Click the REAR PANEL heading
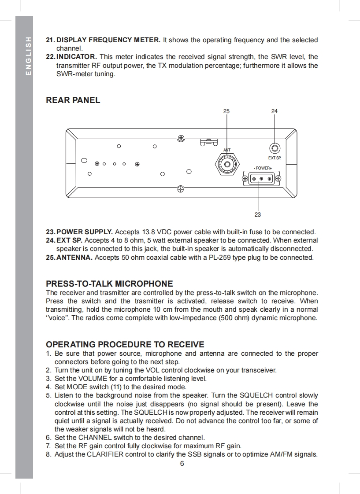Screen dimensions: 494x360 [73, 100]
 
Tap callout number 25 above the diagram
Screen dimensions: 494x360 [226, 111]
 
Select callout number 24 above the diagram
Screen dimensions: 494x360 [275, 111]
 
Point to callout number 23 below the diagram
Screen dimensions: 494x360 [258, 214]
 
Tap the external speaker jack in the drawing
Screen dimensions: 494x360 [275, 149]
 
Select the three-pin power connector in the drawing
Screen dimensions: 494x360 [262, 178]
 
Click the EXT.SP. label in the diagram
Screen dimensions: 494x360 [275, 158]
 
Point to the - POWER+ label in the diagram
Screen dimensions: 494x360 [263, 168]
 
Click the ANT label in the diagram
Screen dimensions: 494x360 [227, 151]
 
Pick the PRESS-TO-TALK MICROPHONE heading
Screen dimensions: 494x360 [109, 284]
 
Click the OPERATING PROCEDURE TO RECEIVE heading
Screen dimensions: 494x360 [125, 344]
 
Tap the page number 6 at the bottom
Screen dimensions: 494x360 [182, 463]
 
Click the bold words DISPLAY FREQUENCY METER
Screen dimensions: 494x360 [108, 40]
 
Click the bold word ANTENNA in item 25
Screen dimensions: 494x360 [74, 257]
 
